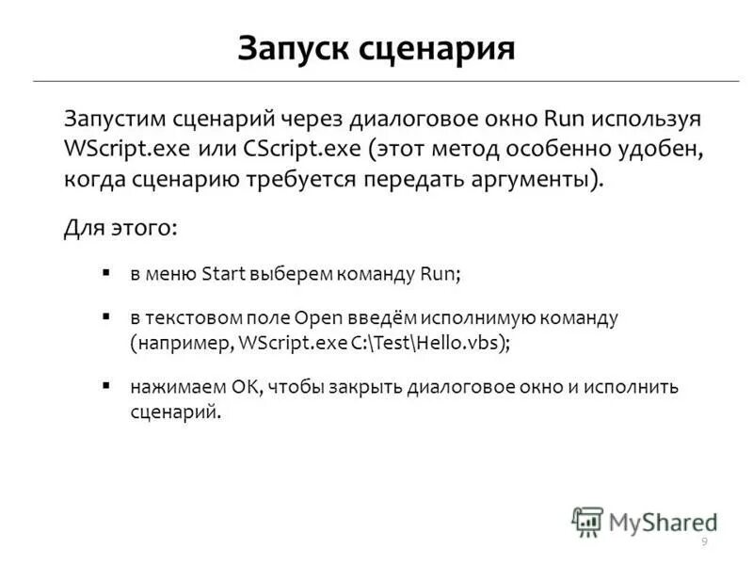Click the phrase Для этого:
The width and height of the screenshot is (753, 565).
(120, 228)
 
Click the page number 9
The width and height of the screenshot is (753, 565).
(704, 541)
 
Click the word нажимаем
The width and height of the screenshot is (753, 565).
(166, 387)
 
